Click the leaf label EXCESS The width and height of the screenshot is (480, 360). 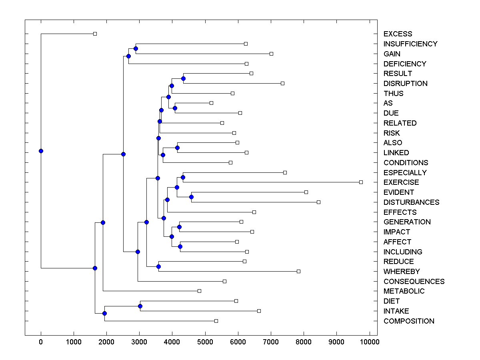pos(398,34)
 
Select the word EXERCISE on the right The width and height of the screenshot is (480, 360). pos(401,182)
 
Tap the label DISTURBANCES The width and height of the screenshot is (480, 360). pos(411,202)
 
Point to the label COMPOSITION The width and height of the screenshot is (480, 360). pos(409,321)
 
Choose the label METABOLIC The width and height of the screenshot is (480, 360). pos(404,291)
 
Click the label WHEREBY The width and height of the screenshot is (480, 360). pos(402,272)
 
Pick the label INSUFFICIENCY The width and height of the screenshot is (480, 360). pos(410,44)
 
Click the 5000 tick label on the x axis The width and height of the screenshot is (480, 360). pos(205,342)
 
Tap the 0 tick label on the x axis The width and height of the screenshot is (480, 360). pos(41,342)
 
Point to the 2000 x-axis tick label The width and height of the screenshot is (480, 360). pos(106,342)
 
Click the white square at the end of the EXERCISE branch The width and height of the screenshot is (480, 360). pos(361,182)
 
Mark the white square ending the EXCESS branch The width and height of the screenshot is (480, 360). pos(95,34)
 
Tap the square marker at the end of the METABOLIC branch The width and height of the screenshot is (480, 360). pos(199,291)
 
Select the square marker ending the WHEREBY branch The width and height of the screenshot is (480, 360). pos(298,271)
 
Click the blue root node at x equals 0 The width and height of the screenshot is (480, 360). pos(41,151)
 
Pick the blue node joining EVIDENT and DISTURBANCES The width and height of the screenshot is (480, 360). pos(191,197)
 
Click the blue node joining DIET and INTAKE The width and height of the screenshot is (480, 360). pos(140,306)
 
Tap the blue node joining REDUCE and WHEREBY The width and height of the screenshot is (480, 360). pos(158,266)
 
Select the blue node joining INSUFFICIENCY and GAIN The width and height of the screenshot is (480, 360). pos(136,48)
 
